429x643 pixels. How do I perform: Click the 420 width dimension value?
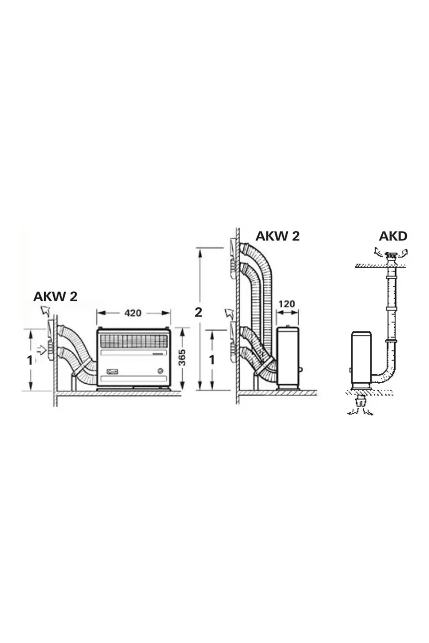click(133, 313)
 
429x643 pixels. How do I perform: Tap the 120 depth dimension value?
click(287, 303)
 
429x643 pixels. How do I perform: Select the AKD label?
click(393, 236)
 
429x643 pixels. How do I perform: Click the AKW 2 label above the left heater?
click(55, 297)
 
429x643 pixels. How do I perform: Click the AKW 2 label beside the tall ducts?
click(277, 236)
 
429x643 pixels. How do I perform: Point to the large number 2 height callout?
click(198, 312)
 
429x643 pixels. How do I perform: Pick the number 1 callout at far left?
click(30, 361)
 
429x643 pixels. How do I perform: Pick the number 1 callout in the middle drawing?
click(212, 360)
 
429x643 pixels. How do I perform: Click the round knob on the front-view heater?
click(160, 371)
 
